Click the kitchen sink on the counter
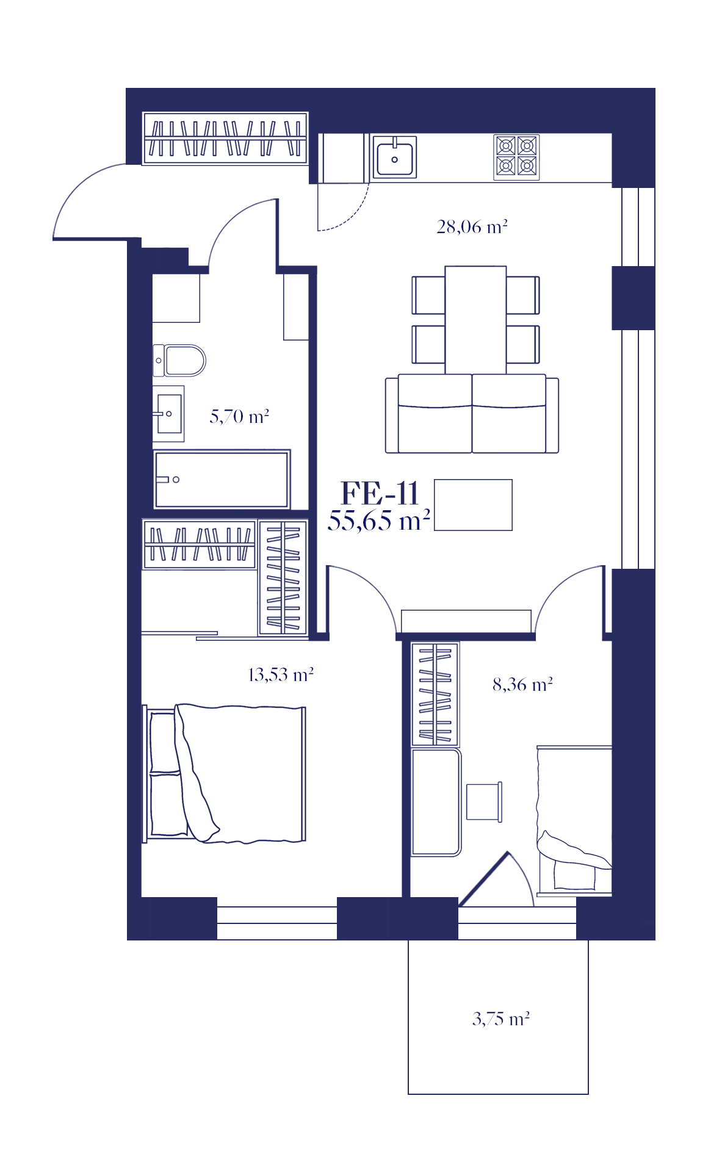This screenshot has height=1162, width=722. pyautogui.click(x=394, y=157)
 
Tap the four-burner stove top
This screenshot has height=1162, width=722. pyautogui.click(x=516, y=157)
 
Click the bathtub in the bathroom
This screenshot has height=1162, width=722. pyautogui.click(x=222, y=480)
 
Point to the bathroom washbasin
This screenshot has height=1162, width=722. pyautogui.click(x=168, y=413)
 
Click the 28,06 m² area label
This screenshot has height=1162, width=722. pyautogui.click(x=472, y=227)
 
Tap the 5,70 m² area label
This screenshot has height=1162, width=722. pyautogui.click(x=239, y=417)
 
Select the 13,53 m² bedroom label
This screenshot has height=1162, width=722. pyautogui.click(x=281, y=675)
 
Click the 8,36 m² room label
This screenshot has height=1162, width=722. pyautogui.click(x=523, y=685)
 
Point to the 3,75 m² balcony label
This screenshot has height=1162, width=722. pyautogui.click(x=501, y=1019)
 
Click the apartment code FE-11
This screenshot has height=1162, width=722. pyautogui.click(x=380, y=493)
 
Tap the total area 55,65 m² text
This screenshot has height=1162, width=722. pyautogui.click(x=379, y=521)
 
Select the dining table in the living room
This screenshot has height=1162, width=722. pyautogui.click(x=475, y=320)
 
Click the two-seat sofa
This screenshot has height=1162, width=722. pyautogui.click(x=472, y=414)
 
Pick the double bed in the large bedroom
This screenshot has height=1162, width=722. pyautogui.click(x=224, y=774)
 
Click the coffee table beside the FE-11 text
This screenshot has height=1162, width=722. pyautogui.click(x=473, y=505)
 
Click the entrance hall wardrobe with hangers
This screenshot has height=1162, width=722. pyautogui.click(x=225, y=139)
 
